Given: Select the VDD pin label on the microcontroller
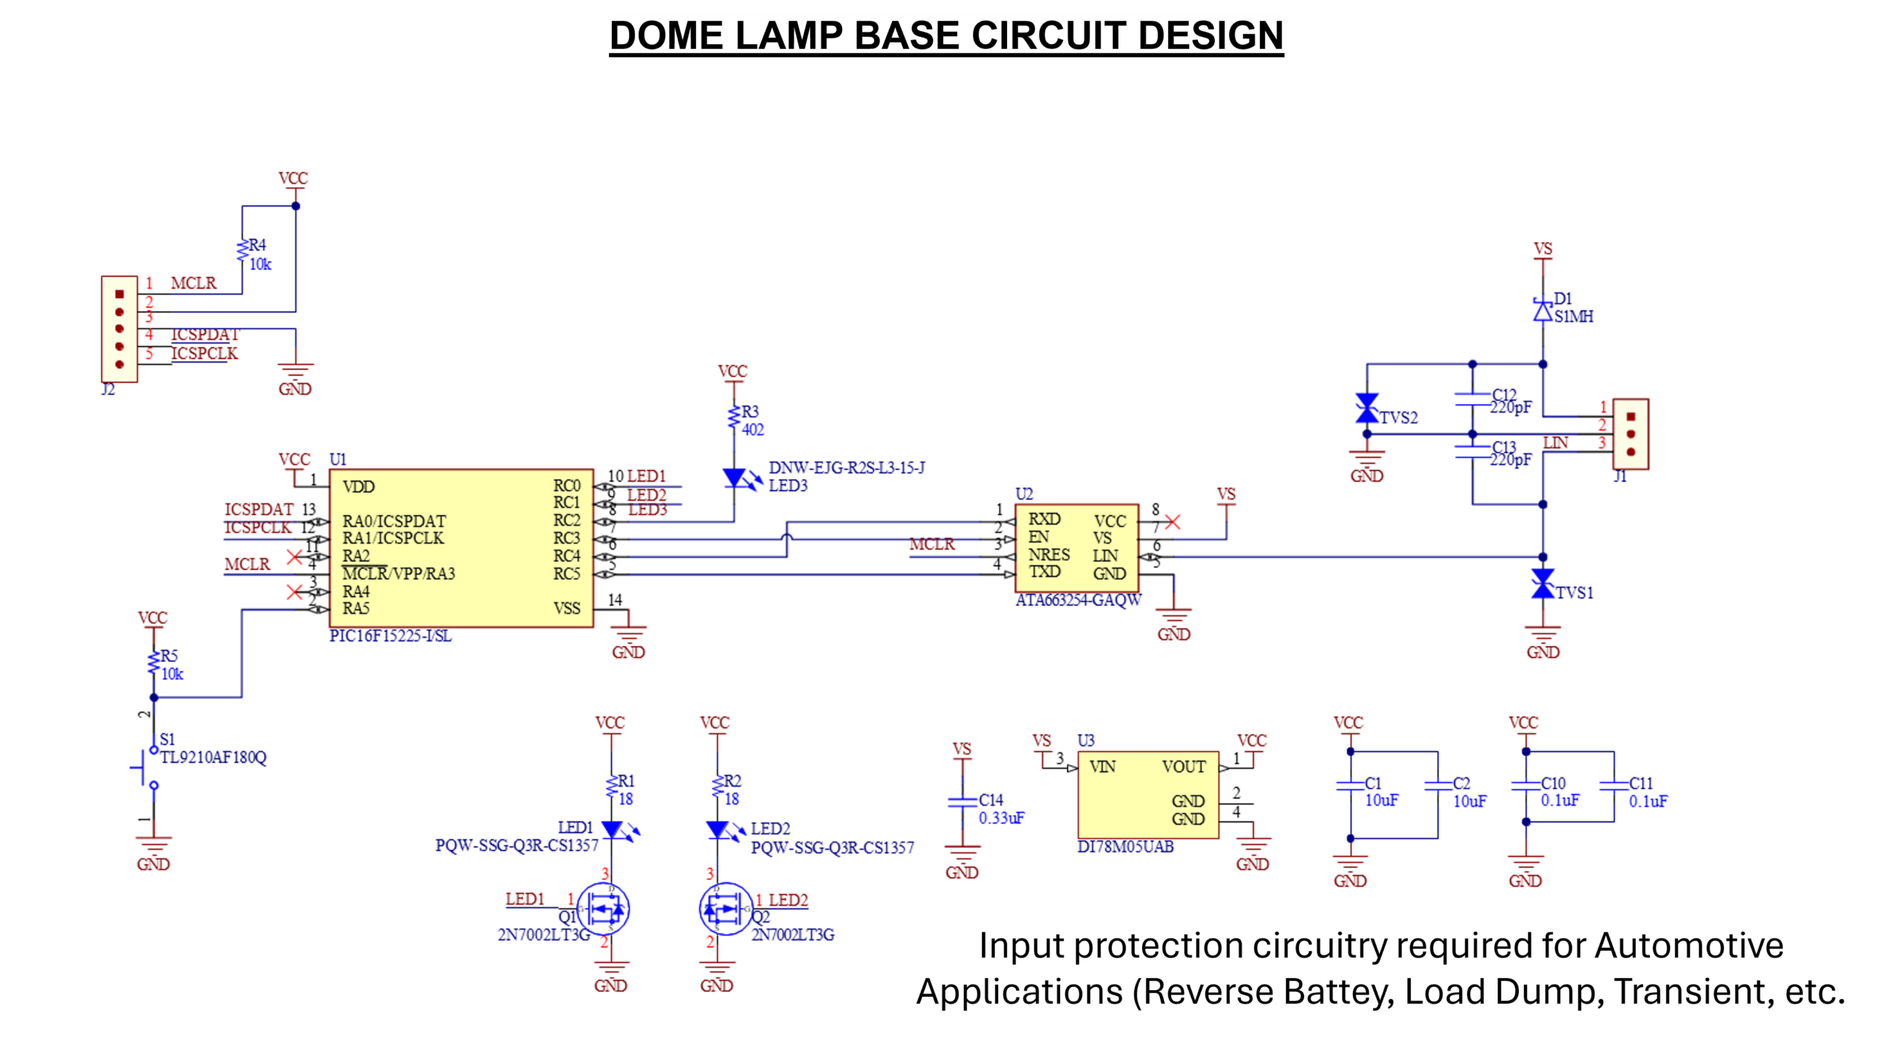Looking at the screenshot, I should [x=359, y=487].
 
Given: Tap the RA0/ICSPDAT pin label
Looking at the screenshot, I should [x=394, y=521].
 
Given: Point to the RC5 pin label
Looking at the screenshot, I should [x=567, y=573].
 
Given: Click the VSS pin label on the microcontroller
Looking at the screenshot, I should [x=567, y=608].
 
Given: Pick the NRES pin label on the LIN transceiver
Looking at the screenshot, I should [x=1048, y=554].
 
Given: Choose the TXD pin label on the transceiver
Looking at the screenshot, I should [x=1045, y=571].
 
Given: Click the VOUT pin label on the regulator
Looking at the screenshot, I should [x=1184, y=767].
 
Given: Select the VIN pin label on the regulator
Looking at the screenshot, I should [x=1102, y=767].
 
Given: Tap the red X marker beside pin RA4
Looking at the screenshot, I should [x=294, y=592].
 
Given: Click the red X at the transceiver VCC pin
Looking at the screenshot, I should [x=1173, y=522].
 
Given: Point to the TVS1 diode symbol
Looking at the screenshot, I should [x=1543, y=585].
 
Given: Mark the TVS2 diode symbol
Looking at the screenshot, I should [x=1366, y=408].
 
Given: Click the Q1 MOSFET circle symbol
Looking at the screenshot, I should [x=604, y=908].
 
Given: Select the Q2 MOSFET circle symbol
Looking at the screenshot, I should [x=724, y=908].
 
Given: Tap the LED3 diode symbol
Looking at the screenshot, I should [x=735, y=478].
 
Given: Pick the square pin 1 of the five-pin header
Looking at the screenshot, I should [x=119, y=294].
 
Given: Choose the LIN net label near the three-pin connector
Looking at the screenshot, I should [x=1555, y=442].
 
